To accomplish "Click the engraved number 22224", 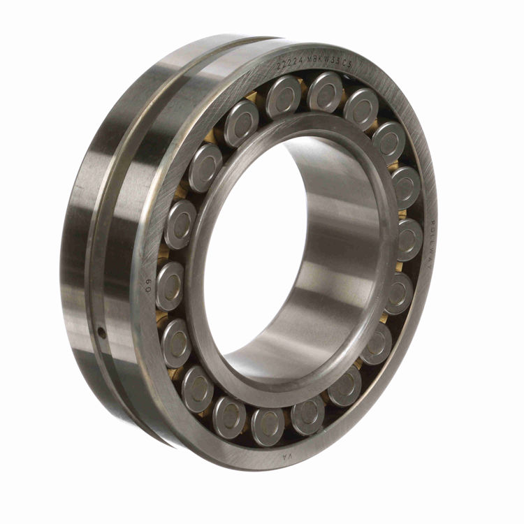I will click(290, 64).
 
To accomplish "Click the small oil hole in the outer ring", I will click(102, 333).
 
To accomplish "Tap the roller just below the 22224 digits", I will click(284, 95).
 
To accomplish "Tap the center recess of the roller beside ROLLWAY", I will click(409, 238).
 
